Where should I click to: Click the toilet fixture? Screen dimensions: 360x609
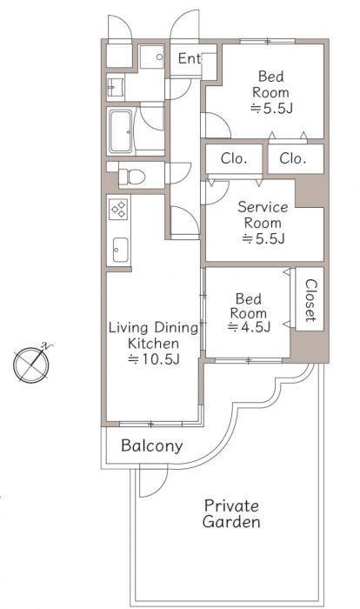tap(131, 177)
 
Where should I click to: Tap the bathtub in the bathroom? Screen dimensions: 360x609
tap(120, 131)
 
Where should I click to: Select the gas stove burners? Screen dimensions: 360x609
tap(119, 209)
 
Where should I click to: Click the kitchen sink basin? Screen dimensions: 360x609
tap(120, 250)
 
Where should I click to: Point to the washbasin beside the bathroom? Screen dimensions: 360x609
tap(116, 87)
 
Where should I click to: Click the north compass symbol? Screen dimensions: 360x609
tap(32, 364)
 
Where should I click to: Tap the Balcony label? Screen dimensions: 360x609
tap(151, 445)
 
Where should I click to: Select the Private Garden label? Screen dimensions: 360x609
tap(231, 513)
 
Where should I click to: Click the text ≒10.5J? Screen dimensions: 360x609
tap(153, 359)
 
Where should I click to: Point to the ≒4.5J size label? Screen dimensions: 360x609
tap(249, 327)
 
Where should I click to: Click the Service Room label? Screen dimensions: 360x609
tap(263, 215)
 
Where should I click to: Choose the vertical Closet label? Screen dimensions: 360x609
tap(310, 300)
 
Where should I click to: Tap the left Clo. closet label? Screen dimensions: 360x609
tap(234, 158)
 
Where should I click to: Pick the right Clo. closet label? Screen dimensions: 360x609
tap(293, 158)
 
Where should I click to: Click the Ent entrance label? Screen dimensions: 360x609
tap(189, 58)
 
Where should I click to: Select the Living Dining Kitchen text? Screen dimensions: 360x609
tap(153, 336)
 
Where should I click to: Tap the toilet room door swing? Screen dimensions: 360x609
tap(178, 173)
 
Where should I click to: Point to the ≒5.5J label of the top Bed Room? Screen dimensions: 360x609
tap(271, 109)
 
